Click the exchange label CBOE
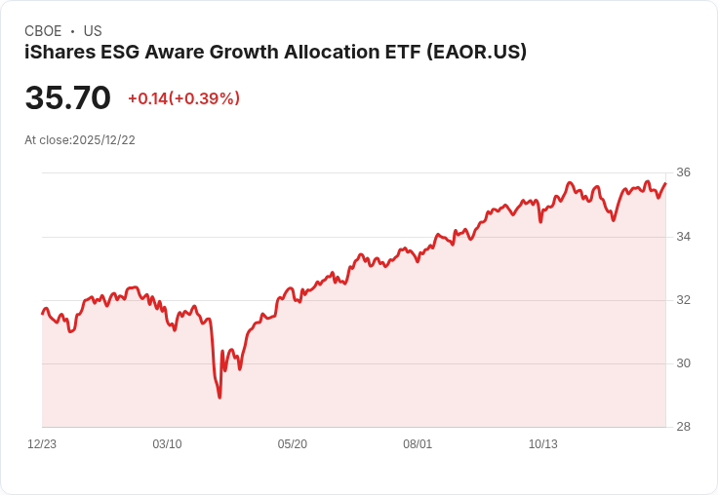[43, 31]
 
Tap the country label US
[93, 31]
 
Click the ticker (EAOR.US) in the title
[477, 53]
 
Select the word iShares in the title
[58, 53]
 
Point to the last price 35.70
[67, 97]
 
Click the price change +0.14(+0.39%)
[183, 98]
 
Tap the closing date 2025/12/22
[103, 140]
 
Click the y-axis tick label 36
[683, 172]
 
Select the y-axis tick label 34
[683, 237]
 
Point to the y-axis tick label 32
[683, 300]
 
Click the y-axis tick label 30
[683, 363]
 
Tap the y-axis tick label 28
[683, 427]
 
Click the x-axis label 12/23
[42, 444]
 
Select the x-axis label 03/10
[167, 444]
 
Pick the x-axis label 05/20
[293, 444]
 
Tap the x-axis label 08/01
[418, 444]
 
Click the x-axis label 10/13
[542, 444]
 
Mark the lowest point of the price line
[219, 398]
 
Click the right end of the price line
[665, 183]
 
